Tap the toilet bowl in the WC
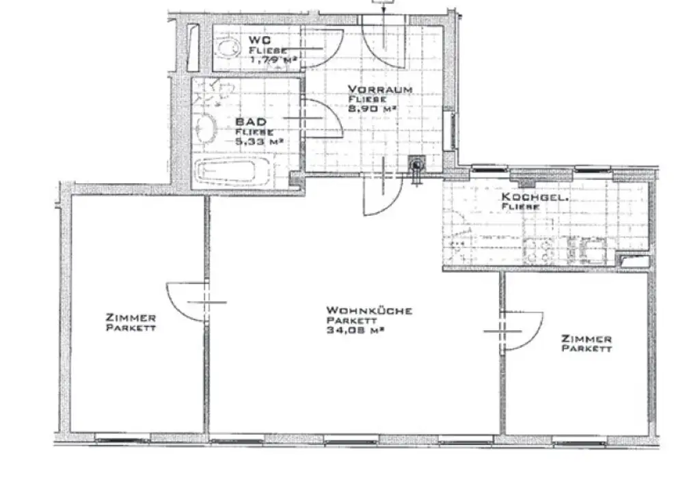tap(225, 48)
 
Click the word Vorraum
tap(379, 90)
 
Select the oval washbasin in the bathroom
tap(204, 127)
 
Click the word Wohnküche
tap(368, 311)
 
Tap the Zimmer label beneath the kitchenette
tap(586, 339)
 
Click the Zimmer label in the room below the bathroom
tap(131, 318)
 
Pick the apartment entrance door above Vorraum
tap(384, 41)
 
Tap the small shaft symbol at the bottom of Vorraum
tap(415, 165)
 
